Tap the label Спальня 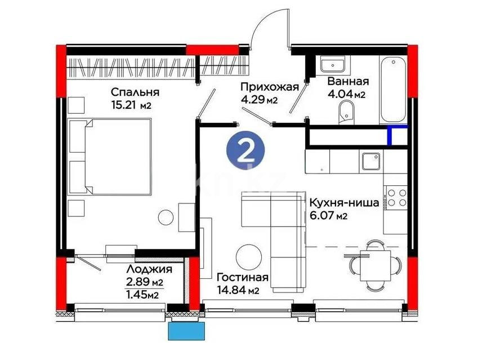tap(135, 92)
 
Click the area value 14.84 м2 tap(238, 291)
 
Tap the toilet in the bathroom tap(345, 112)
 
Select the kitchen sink tap(372, 161)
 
